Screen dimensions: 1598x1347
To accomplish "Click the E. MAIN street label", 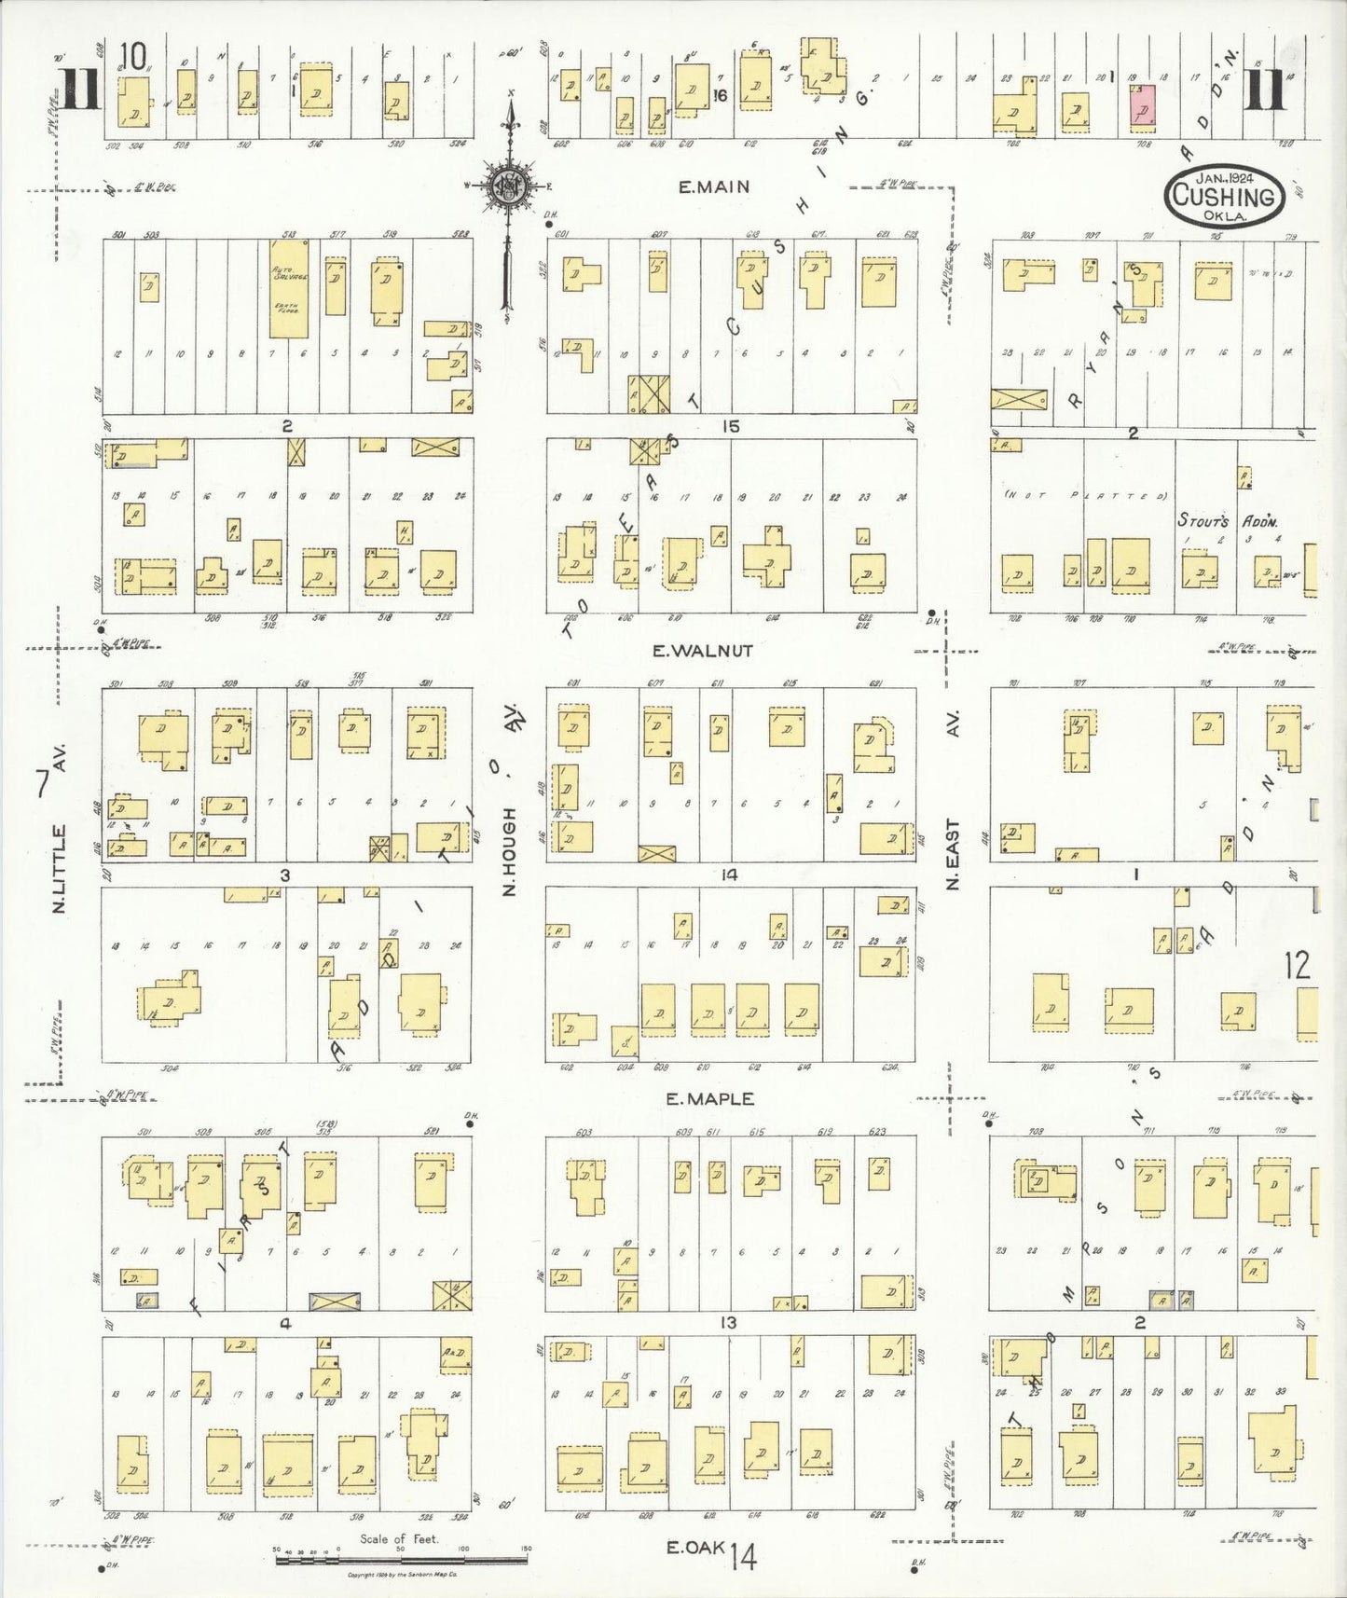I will (x=713, y=186).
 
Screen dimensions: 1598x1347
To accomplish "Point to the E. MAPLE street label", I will (x=709, y=1099).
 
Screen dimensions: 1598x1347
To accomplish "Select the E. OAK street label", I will (x=695, y=1548).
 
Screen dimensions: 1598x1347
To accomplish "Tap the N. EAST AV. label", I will (x=952, y=802).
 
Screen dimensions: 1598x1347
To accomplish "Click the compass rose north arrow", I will (x=510, y=182).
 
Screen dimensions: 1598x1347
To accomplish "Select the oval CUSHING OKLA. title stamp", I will (x=1223, y=196).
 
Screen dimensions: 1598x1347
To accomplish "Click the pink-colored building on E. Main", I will (x=1142, y=104).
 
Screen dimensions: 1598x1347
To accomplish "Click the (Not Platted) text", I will (x=1086, y=496).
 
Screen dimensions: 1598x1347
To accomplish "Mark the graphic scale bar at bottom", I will (x=401, y=1559).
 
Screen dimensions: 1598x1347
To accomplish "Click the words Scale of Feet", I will (x=399, y=1539).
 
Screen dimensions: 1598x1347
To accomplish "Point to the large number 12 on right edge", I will (x=1297, y=965).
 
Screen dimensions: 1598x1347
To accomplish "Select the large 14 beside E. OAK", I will (x=744, y=1555).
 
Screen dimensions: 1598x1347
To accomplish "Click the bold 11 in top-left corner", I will (x=79, y=90).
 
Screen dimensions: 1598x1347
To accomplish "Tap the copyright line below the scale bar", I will (x=401, y=1576).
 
